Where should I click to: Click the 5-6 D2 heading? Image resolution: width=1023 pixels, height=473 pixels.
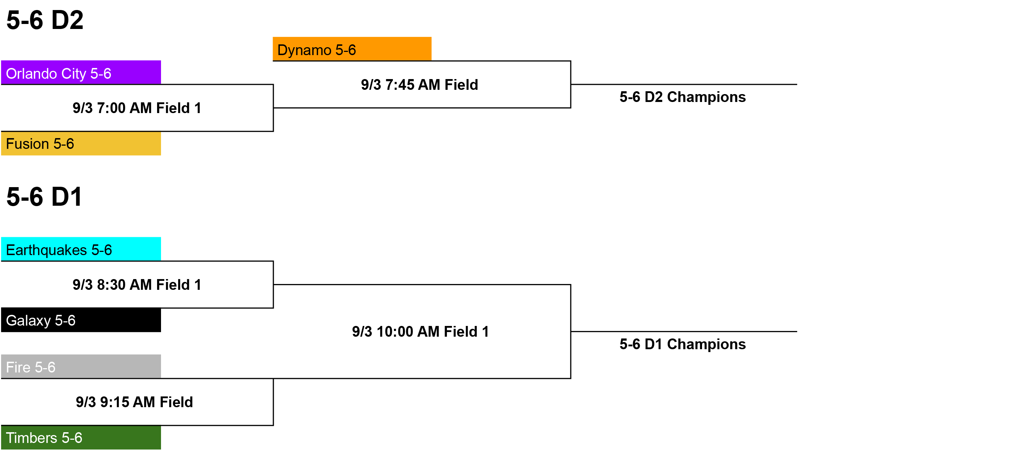click(45, 20)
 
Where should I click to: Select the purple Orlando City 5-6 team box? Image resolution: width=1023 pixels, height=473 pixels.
click(81, 73)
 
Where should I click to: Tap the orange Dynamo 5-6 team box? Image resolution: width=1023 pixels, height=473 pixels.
click(352, 49)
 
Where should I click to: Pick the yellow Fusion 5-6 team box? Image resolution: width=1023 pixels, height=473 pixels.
click(81, 143)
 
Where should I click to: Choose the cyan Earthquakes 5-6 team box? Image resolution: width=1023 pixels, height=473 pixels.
click(81, 249)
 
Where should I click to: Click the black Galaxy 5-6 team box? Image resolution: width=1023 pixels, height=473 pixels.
click(81, 320)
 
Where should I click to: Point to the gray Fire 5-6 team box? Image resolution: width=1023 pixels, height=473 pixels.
click(81, 366)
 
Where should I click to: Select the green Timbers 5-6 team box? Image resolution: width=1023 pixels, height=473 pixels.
click(81, 437)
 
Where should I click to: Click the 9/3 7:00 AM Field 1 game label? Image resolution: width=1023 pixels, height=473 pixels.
click(137, 108)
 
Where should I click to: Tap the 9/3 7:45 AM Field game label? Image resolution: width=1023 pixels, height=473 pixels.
click(419, 84)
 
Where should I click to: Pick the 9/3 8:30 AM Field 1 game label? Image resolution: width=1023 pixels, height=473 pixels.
click(137, 285)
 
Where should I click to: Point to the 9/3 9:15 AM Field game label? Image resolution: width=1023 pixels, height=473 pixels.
click(134, 402)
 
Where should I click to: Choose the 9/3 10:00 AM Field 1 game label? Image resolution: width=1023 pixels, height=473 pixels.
click(420, 332)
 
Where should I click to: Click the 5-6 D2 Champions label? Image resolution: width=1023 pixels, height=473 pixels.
click(683, 97)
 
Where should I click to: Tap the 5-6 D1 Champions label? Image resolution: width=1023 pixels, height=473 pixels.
click(683, 344)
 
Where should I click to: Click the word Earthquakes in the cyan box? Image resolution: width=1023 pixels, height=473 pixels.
click(47, 250)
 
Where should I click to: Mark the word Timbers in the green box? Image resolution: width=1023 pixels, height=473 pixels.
click(32, 438)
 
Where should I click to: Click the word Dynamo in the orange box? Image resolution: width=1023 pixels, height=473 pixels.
click(304, 50)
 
